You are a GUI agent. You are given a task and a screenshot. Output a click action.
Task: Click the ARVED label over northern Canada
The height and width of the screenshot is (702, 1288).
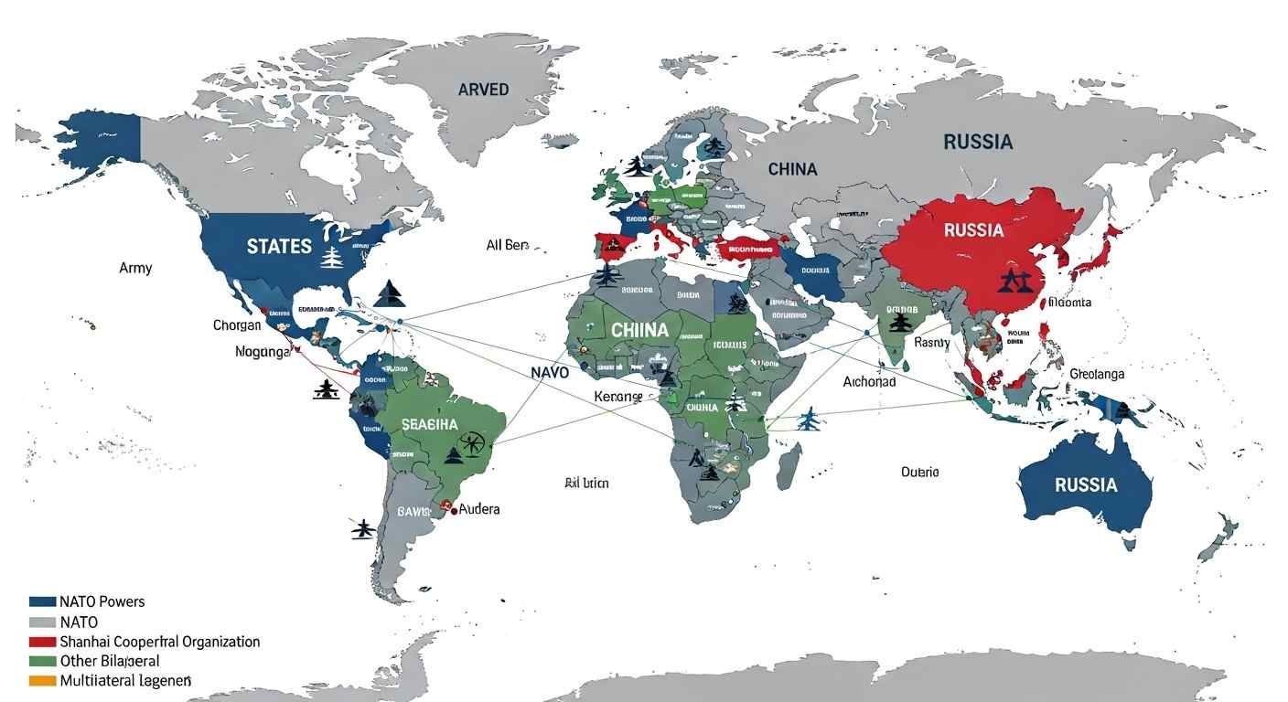point(483,90)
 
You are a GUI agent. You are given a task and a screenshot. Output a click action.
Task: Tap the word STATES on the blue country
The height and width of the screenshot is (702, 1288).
point(279,247)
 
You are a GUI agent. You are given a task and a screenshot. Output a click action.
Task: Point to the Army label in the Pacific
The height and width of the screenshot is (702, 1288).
point(135,268)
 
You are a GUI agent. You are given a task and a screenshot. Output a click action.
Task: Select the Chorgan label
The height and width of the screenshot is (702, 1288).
point(237,325)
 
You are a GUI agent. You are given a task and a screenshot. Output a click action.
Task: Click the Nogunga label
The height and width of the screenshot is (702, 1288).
point(263,351)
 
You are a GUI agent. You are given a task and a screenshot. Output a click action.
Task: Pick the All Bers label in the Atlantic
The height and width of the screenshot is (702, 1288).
point(508,245)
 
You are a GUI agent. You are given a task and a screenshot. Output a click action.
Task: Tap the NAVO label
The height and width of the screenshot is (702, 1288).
point(549,373)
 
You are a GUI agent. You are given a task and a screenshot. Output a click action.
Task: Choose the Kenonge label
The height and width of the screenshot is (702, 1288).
point(618,397)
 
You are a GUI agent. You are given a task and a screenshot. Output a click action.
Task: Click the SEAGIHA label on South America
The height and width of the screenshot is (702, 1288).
point(429,425)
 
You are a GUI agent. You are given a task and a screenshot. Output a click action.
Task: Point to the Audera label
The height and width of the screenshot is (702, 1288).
point(479,508)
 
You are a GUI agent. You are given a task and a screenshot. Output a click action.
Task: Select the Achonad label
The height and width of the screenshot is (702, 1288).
point(868,381)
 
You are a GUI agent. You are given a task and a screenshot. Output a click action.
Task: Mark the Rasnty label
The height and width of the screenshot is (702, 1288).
point(932,343)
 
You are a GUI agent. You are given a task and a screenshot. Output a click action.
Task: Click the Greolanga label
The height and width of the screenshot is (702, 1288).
point(1097,374)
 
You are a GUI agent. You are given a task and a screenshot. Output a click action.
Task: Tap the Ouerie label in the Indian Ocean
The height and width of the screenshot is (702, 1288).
point(919,472)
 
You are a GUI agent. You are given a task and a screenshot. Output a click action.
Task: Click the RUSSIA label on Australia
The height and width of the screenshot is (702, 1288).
point(1086,484)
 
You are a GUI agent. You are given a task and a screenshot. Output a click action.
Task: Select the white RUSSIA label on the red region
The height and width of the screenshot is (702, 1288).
point(973,229)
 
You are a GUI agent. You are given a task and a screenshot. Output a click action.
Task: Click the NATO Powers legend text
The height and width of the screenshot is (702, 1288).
point(102,601)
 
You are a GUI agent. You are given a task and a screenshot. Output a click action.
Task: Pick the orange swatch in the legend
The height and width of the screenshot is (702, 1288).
point(43,681)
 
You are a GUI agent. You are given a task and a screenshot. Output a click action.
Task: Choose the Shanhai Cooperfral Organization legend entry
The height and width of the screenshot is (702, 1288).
point(160,642)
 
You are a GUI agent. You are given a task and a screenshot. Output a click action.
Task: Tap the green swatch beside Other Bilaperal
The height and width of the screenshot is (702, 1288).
point(43,661)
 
